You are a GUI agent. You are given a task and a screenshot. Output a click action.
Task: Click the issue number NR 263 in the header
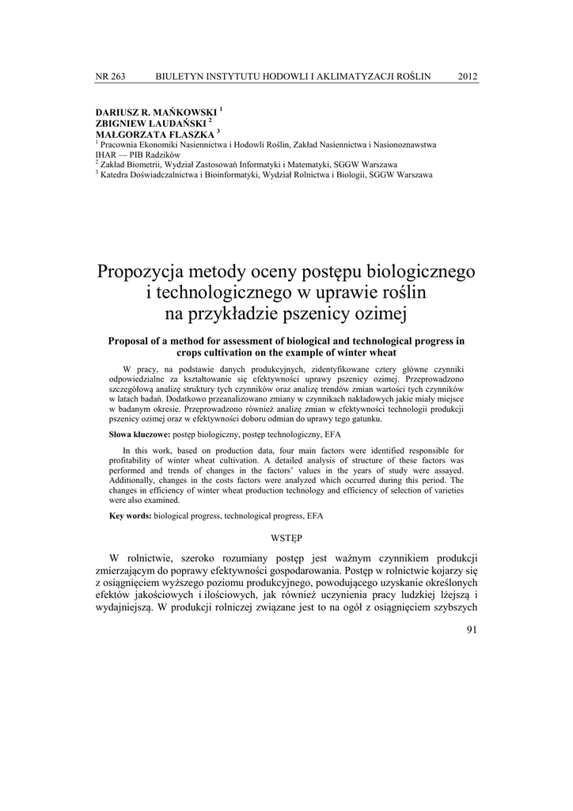pos(110,76)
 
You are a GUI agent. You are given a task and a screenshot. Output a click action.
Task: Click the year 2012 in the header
pos(468,76)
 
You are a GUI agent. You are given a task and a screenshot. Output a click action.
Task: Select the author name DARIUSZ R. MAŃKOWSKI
pos(155,112)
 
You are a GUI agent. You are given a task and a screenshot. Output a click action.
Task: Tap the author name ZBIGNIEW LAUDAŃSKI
pos(150,124)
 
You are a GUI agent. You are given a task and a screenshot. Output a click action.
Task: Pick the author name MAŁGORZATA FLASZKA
pos(154,135)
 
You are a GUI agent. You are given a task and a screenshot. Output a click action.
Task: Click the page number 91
pos(472,631)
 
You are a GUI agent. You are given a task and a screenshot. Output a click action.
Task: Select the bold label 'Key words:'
pos(131,516)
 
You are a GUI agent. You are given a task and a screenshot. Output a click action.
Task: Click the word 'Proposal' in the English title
pos(130,341)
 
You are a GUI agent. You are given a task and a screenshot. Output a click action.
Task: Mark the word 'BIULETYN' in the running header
pos(184,76)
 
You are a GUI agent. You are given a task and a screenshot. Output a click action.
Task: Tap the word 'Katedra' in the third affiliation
pos(114,175)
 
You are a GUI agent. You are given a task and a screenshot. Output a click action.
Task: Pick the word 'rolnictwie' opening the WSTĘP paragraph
pos(151,557)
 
